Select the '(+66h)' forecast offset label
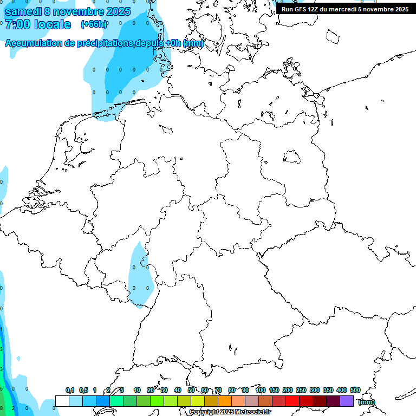tap(94, 24)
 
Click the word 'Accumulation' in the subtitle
tap(33, 43)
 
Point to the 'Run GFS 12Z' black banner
tap(344, 9)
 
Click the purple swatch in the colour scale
tap(347, 401)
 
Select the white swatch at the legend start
tap(62, 401)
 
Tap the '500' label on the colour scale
tap(355, 390)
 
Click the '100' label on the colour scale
tap(260, 390)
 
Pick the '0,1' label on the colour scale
tap(70, 390)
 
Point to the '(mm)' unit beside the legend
tap(367, 402)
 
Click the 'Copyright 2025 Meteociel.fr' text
tap(230, 412)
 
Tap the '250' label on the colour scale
tap(301, 390)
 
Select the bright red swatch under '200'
tap(292, 401)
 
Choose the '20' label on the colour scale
tap(151, 390)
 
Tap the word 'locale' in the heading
tap(53, 25)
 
